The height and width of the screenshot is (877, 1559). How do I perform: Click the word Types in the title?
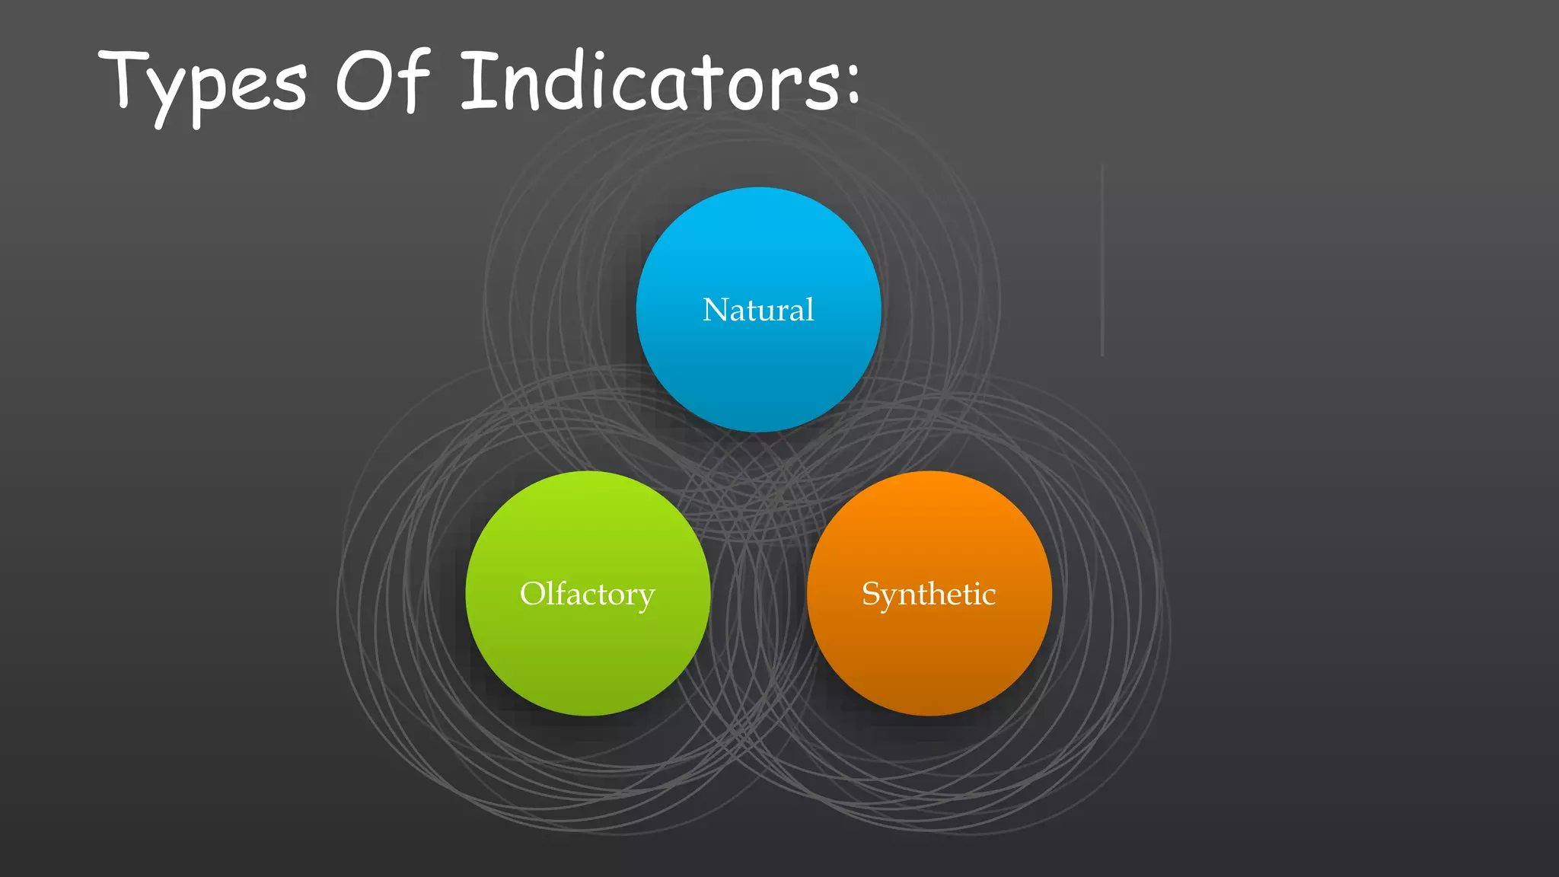click(204, 84)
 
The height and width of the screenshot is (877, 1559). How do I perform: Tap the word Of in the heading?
click(383, 80)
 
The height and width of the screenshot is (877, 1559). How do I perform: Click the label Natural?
click(758, 310)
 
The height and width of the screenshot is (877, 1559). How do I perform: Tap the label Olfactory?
click(587, 594)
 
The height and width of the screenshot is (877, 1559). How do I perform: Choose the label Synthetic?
click(929, 594)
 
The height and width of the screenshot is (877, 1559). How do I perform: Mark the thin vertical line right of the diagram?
click(1102, 259)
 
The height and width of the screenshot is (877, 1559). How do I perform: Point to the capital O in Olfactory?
click(534, 593)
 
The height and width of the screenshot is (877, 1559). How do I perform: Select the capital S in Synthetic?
click(871, 594)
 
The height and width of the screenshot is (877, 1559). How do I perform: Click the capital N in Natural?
click(716, 310)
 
